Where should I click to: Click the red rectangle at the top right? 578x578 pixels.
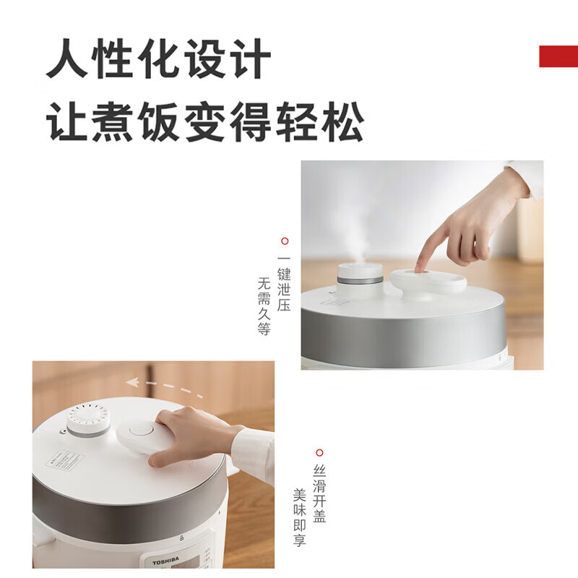[x=558, y=56]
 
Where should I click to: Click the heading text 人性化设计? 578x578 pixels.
[x=159, y=60]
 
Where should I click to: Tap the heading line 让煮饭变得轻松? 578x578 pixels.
[x=205, y=123]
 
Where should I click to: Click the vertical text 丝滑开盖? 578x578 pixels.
[x=319, y=495]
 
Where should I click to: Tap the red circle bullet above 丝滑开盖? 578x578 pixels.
[x=319, y=453]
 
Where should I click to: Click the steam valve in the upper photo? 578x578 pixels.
[x=361, y=279]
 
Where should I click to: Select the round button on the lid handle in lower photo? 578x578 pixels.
[x=142, y=431]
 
